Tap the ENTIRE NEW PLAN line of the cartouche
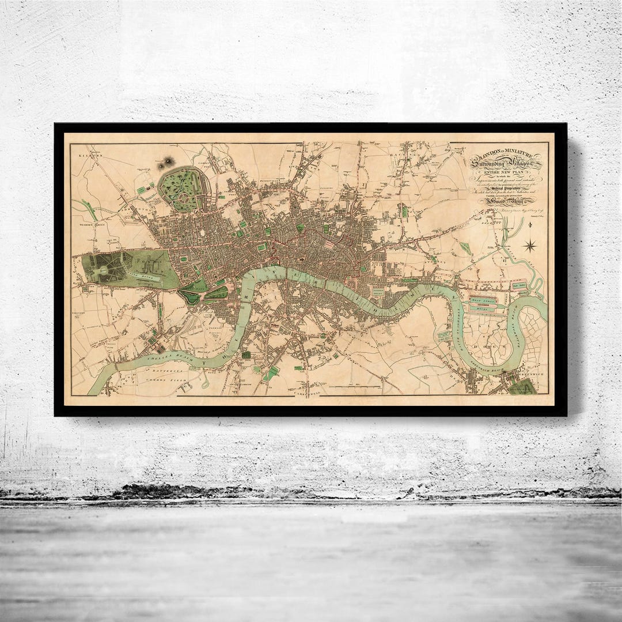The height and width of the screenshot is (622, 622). [x=505, y=172]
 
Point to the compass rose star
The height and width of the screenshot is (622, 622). [x=529, y=246]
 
